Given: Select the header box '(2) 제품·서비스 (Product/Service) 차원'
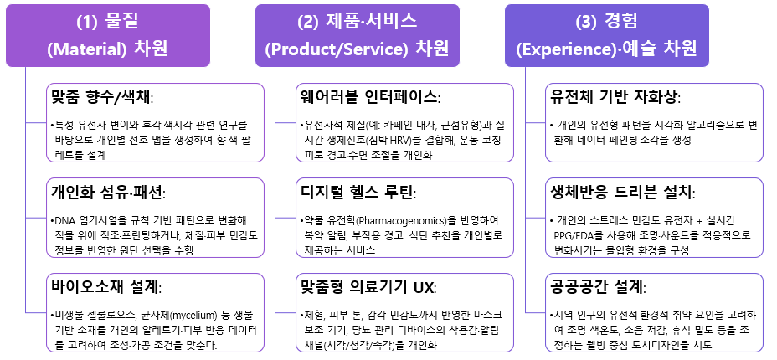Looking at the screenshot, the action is (357, 35).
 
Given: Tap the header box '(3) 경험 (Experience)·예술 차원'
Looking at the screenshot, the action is (606, 35).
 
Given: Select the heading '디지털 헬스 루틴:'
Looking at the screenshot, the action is (357, 190).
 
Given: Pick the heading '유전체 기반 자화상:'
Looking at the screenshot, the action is (613, 95).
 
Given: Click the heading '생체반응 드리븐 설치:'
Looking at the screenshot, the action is (622, 190).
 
